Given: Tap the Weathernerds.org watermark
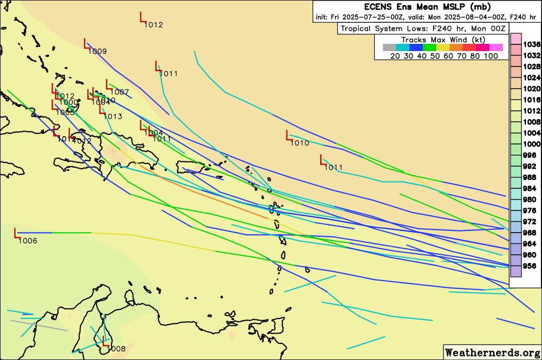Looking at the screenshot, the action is [x=492, y=352].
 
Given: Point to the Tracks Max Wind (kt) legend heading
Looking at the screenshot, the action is [x=442, y=40].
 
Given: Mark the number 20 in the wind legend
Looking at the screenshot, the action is [x=395, y=56].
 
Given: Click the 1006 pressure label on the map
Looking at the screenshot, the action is [x=27, y=241].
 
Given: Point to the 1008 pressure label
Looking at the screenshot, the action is [x=116, y=349].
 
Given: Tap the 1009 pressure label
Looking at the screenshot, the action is [x=97, y=51].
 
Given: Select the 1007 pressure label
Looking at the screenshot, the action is [x=119, y=92].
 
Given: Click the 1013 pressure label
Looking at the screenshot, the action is [x=113, y=117].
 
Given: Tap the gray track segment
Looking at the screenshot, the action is [x=39, y=325].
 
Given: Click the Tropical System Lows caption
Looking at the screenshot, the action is [x=422, y=28].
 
